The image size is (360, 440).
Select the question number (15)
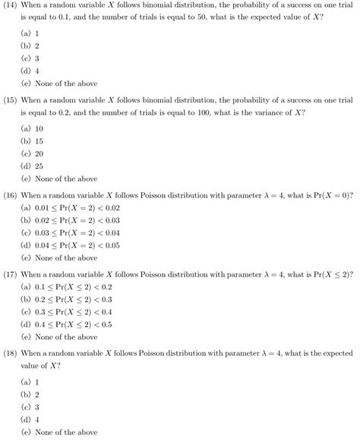(x=10, y=100)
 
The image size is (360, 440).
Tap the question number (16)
(x=10, y=195)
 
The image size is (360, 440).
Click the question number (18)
(x=10, y=353)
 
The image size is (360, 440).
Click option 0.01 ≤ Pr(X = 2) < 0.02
(x=75, y=207)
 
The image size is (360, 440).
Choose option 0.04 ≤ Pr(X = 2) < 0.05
(x=75, y=245)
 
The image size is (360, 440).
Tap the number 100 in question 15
(x=211, y=112)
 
